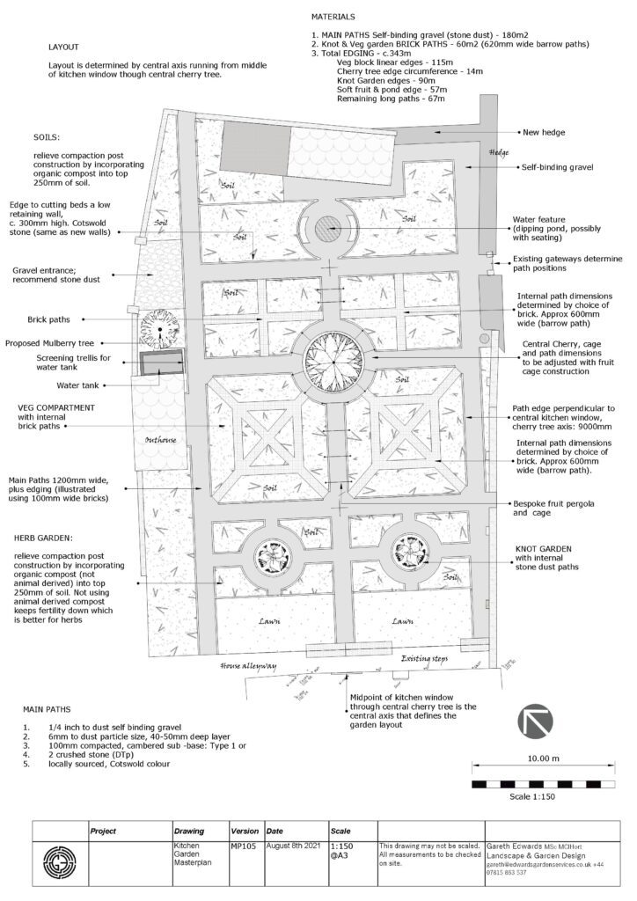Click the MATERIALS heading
[x=333, y=17]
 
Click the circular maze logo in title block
[x=60, y=859]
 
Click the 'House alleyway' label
[x=249, y=666]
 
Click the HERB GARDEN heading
[x=43, y=535]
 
